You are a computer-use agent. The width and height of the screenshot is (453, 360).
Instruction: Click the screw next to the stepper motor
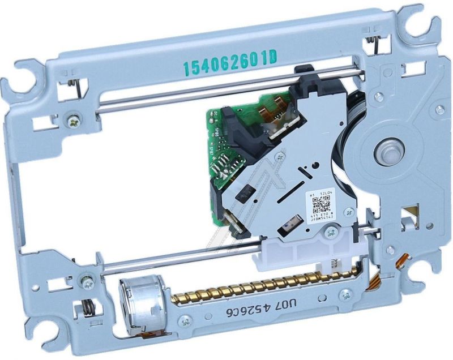pos(184,320)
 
